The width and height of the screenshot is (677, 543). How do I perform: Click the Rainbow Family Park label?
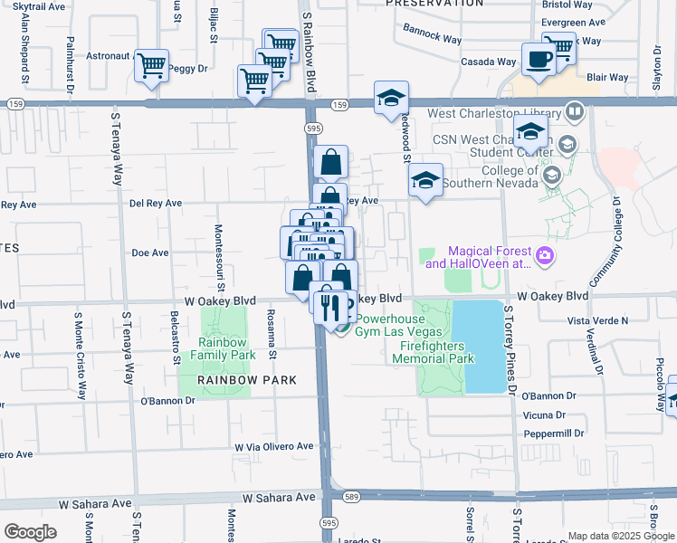click(x=223, y=348)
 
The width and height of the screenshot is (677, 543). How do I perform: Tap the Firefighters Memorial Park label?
click(x=434, y=352)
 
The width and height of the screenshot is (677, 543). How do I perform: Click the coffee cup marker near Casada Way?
click(x=539, y=61)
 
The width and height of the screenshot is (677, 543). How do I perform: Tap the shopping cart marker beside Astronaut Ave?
click(x=152, y=65)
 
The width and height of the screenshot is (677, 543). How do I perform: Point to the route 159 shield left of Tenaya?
click(x=14, y=105)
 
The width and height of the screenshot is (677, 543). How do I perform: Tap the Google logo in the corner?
click(x=30, y=532)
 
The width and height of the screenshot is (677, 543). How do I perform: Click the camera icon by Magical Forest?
click(x=544, y=257)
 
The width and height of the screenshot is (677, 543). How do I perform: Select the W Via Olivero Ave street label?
click(x=273, y=446)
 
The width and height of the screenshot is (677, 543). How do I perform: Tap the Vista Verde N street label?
click(x=596, y=320)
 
